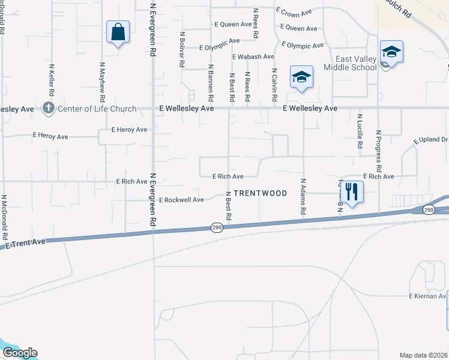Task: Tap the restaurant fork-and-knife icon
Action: [352, 192]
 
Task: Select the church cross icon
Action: [49, 109]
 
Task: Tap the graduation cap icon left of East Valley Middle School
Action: [301, 77]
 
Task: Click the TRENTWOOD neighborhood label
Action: [260, 193]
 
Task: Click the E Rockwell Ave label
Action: [181, 200]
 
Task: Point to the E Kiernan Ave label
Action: [428, 296]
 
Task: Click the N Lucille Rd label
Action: [360, 131]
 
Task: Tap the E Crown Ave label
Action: [294, 12]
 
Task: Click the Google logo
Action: [20, 353]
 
